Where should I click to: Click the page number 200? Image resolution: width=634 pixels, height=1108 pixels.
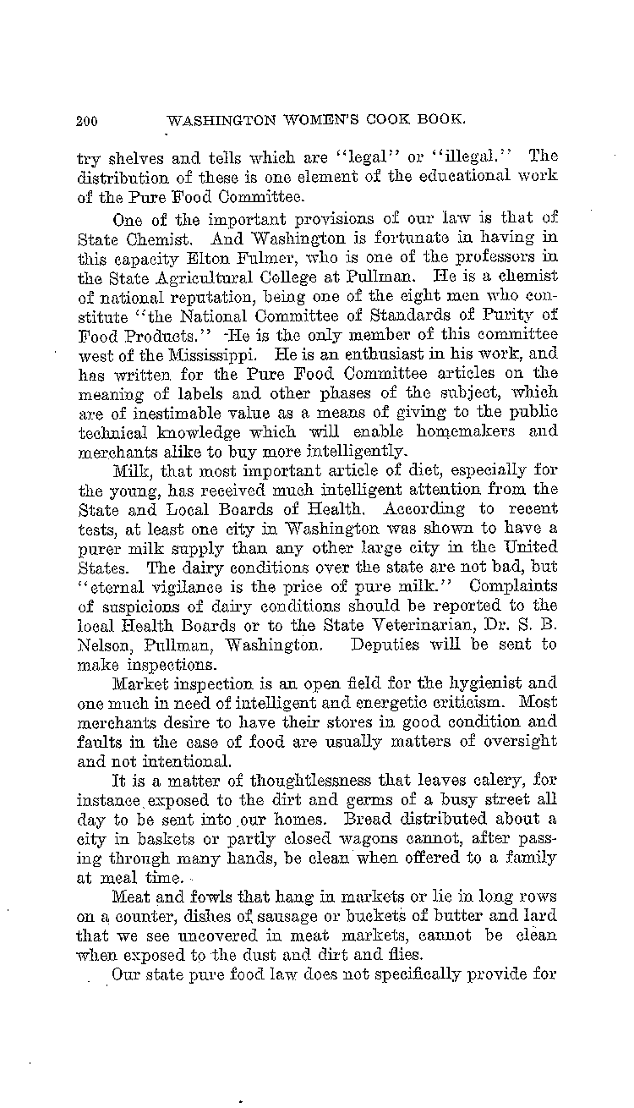87,120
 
